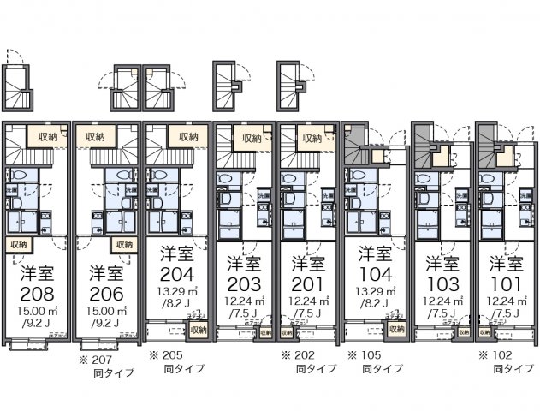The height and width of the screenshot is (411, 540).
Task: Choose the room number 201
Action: [306, 283]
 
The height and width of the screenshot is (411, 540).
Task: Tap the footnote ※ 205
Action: [166, 354]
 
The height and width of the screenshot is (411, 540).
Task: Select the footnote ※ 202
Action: [299, 354]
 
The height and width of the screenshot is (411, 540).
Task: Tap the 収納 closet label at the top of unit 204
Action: [187, 136]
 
